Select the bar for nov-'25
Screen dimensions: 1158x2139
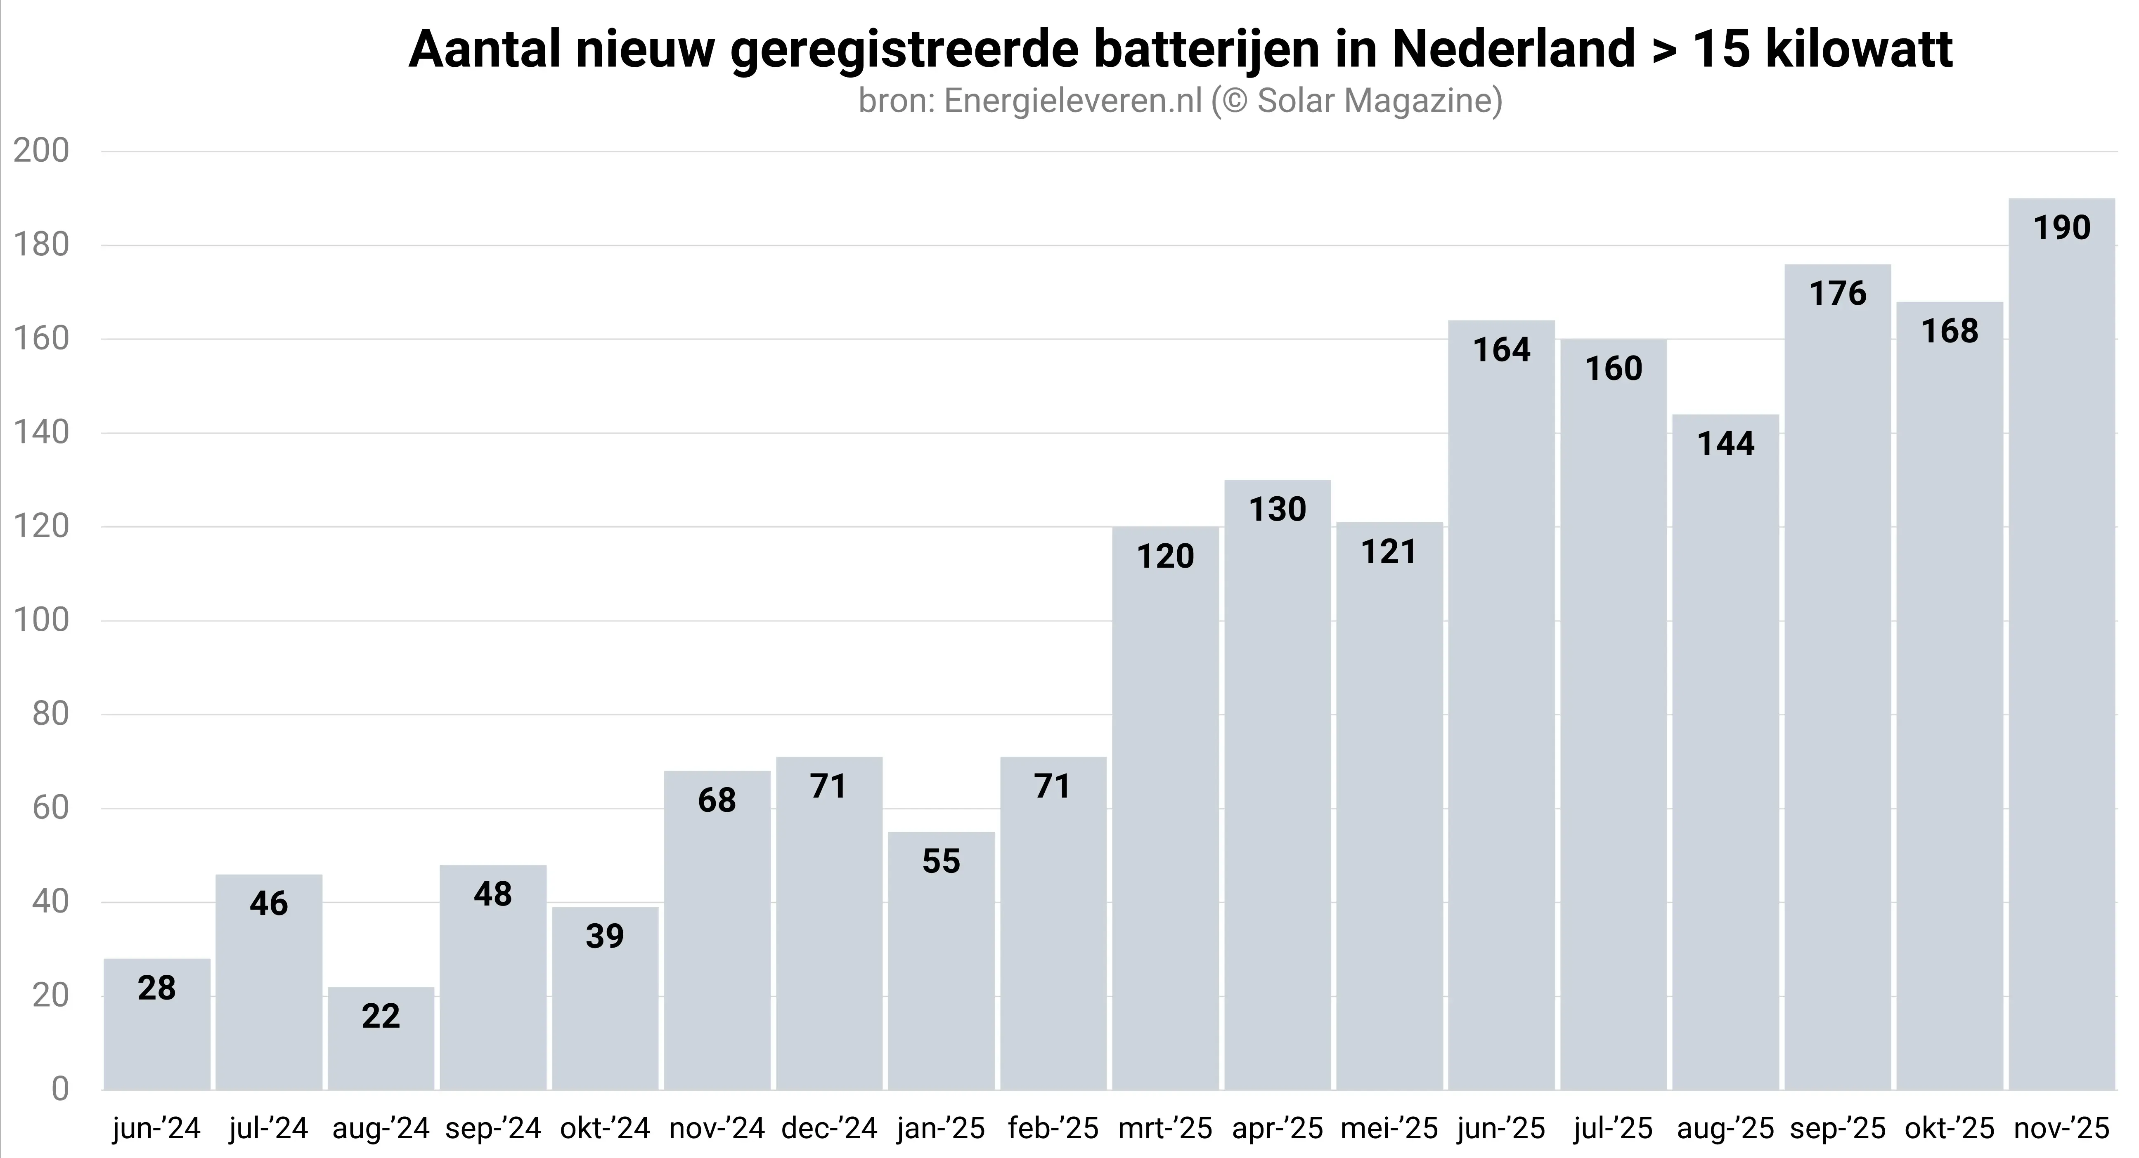pyautogui.click(x=2062, y=648)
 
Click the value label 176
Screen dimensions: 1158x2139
pyautogui.click(x=1838, y=294)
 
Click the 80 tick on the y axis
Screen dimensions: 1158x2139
pyautogui.click(x=50, y=715)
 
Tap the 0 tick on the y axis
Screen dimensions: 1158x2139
pyautogui.click(x=60, y=1089)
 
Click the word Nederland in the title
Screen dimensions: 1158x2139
pyautogui.click(x=1513, y=50)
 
